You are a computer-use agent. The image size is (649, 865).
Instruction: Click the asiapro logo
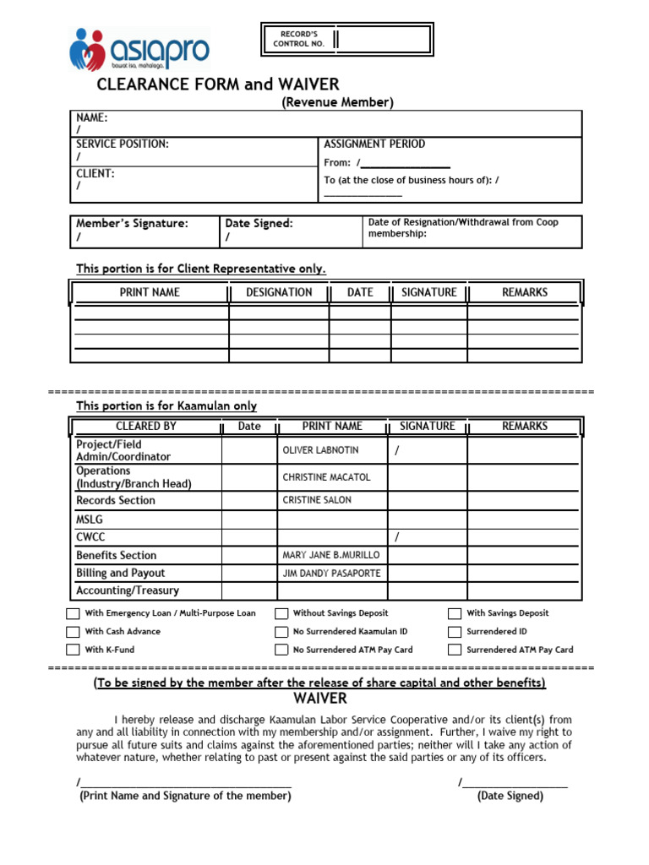[139, 49]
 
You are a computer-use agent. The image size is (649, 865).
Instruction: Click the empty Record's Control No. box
[384, 39]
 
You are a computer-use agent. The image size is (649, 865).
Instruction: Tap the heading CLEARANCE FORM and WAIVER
[218, 84]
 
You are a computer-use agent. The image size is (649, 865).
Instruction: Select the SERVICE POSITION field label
[123, 144]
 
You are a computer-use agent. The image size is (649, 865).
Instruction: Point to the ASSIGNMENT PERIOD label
[374, 144]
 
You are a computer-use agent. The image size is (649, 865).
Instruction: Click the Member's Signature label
[132, 224]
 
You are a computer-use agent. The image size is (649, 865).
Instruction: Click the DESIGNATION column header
[279, 292]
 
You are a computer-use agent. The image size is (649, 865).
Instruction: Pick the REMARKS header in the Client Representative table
[525, 292]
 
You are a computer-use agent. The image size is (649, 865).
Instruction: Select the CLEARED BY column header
[146, 427]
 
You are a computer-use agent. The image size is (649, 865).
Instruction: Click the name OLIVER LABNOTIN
[320, 450]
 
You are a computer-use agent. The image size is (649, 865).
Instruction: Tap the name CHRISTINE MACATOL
[326, 477]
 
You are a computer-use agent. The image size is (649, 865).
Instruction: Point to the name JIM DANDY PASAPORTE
[331, 573]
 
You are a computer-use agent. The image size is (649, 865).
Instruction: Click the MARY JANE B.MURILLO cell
[331, 555]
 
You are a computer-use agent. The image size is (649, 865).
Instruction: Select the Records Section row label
[116, 500]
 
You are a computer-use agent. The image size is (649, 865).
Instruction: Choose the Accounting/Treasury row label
[128, 590]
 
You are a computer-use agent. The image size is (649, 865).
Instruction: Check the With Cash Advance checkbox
[74, 632]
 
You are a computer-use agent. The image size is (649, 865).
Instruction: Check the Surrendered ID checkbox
[455, 632]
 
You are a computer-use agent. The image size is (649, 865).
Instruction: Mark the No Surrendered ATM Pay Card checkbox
[281, 650]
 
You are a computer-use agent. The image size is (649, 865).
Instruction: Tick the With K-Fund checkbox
[74, 650]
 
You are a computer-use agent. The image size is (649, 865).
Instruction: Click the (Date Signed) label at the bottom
[510, 796]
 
